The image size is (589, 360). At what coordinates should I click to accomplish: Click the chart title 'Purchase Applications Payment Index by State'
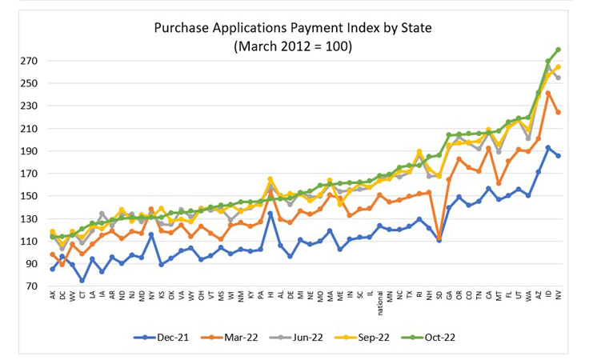point(294,29)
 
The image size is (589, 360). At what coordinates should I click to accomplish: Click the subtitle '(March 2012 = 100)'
point(294,46)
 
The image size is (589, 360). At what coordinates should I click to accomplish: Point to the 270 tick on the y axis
point(31,61)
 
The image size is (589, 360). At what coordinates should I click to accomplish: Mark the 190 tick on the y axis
point(31,151)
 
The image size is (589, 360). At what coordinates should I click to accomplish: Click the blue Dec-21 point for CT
point(82,281)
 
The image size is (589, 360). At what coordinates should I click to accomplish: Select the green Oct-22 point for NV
point(558,50)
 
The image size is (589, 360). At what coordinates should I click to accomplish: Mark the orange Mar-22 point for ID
point(548,93)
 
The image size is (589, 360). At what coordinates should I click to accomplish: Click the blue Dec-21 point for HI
point(270,214)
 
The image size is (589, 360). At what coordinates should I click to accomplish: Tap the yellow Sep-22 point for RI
point(419,151)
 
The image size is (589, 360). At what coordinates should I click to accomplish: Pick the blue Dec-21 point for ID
point(548,147)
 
